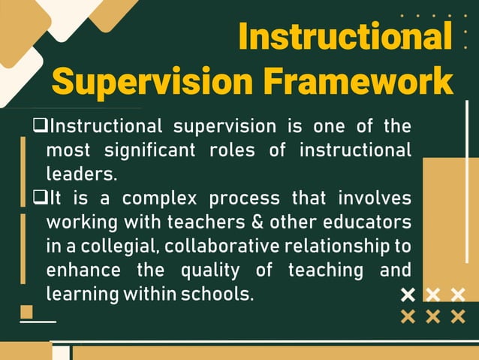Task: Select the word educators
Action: (367, 223)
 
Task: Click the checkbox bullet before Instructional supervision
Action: (41, 126)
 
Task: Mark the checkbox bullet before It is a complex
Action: (41, 198)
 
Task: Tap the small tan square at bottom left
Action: (26, 311)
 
